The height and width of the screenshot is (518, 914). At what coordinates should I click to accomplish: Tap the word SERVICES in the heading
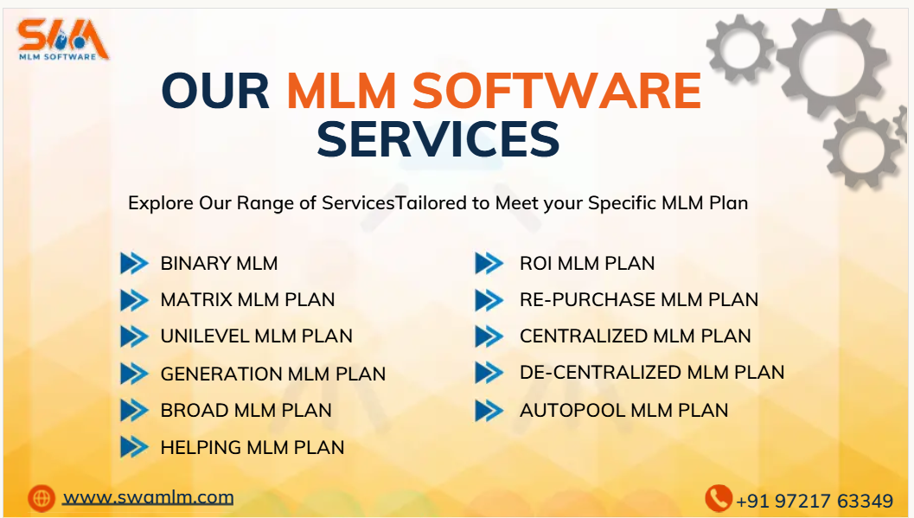point(438,138)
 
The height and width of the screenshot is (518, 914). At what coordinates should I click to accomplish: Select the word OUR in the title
point(216,90)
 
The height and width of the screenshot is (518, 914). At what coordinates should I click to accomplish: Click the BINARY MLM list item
point(219,263)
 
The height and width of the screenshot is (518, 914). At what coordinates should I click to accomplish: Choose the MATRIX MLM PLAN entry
point(247,300)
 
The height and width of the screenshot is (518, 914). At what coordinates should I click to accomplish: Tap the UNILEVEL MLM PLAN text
point(256,336)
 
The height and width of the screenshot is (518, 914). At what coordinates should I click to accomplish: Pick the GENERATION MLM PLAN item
point(272,374)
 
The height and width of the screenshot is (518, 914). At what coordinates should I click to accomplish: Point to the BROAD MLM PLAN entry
point(246,411)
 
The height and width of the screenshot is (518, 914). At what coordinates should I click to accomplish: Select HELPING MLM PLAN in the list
point(252,448)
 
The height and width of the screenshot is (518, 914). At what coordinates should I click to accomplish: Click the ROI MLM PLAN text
point(586,264)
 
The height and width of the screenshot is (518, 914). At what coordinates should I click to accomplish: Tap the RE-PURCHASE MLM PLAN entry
point(638,300)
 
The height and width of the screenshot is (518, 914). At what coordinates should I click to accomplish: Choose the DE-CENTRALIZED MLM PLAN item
point(651,373)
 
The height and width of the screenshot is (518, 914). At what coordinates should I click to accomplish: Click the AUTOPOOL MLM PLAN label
point(623,411)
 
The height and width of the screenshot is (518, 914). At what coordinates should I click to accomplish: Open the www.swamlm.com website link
point(149,497)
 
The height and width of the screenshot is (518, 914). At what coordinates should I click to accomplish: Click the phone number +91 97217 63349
point(814,501)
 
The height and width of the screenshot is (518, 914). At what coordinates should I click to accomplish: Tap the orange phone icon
point(718,498)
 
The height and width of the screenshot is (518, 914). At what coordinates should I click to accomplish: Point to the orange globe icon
point(41,497)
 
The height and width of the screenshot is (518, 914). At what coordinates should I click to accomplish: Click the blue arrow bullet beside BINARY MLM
point(134,263)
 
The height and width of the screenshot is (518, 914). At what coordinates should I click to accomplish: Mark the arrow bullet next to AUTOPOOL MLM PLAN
point(489,411)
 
